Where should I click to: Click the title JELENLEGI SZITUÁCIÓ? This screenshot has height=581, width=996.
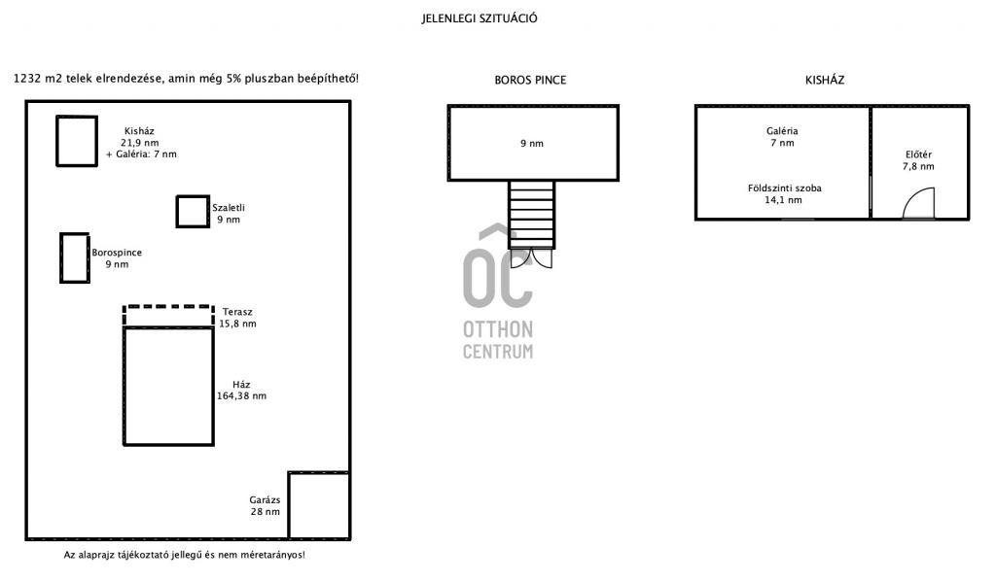(480, 18)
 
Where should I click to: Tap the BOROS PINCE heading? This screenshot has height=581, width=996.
(530, 80)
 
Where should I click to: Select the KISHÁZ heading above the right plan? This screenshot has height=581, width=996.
(825, 80)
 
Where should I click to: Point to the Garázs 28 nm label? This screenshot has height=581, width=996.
(265, 505)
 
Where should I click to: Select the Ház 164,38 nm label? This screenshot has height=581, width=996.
(241, 390)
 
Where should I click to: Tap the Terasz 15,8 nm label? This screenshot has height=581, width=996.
(237, 318)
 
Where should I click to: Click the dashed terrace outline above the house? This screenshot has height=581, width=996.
(168, 307)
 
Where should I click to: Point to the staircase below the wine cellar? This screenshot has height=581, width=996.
(532, 215)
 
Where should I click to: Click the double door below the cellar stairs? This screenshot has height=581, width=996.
(532, 258)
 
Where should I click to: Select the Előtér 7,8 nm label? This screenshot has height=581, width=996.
(918, 160)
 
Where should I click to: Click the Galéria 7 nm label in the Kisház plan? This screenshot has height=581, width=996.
(782, 137)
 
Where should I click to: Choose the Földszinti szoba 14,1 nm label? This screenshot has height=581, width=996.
(784, 194)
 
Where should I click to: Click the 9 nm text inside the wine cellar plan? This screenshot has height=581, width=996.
(532, 144)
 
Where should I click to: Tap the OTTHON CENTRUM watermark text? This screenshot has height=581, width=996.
(498, 340)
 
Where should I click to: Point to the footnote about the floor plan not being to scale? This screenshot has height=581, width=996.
(184, 555)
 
